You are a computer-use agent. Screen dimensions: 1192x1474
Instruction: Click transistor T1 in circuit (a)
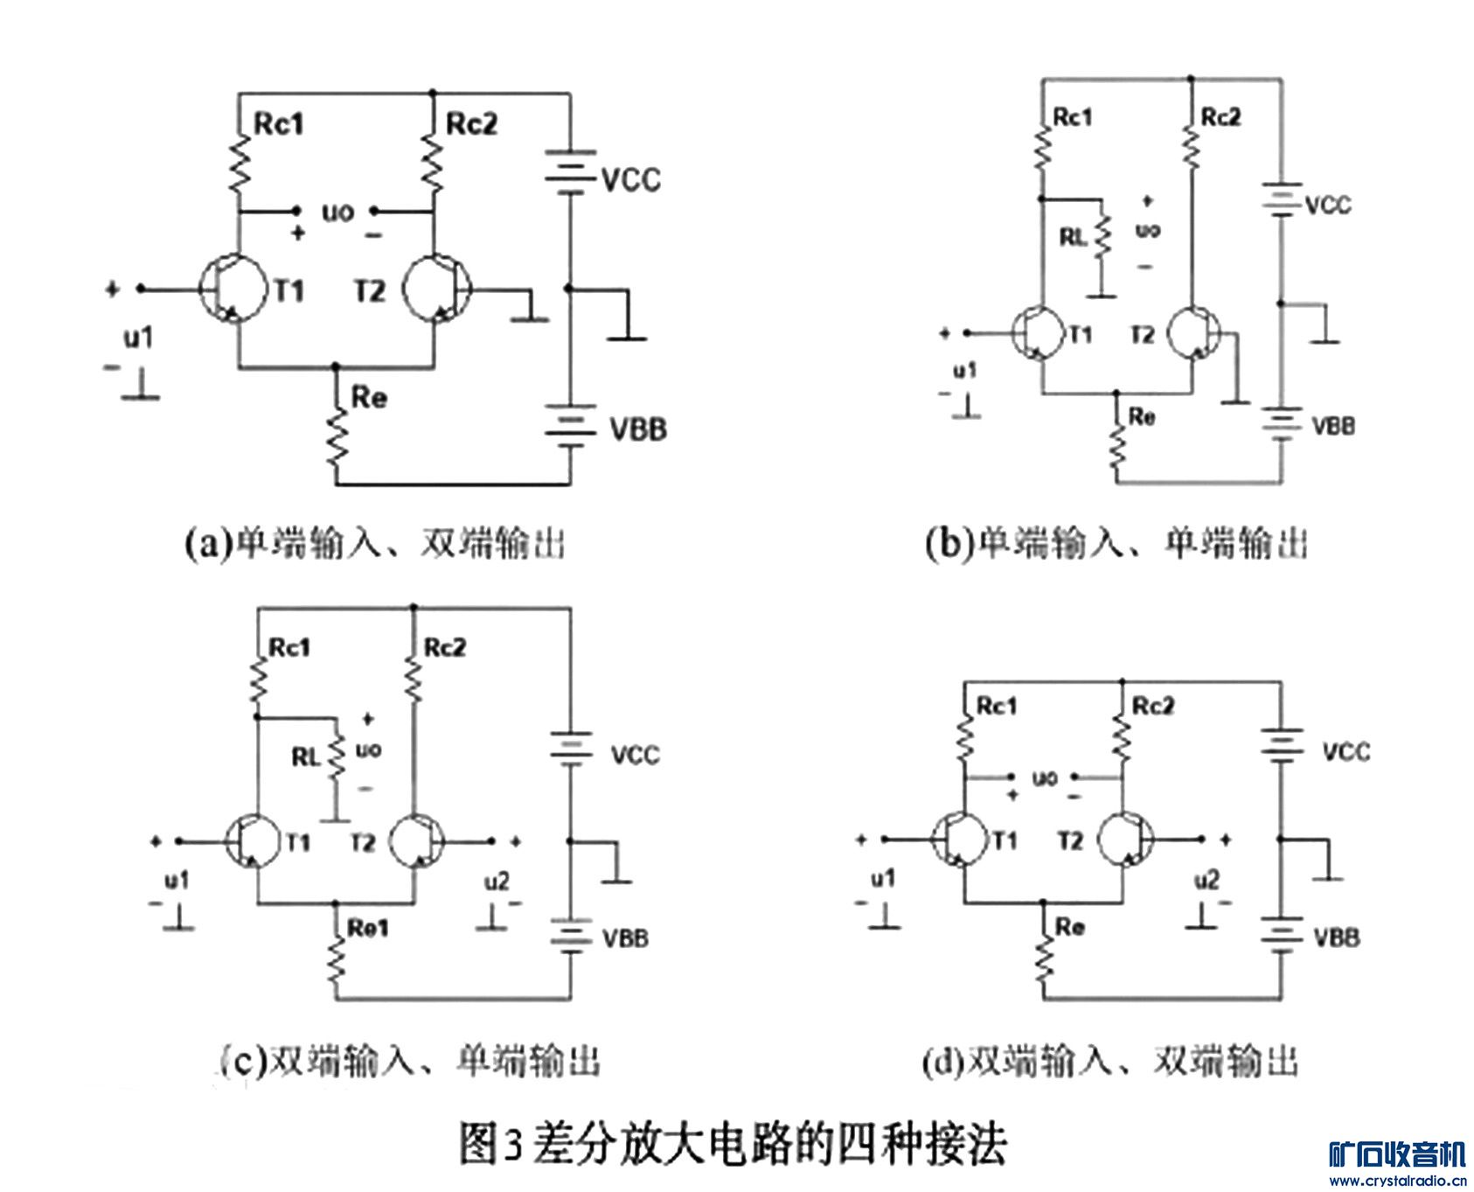click(x=232, y=289)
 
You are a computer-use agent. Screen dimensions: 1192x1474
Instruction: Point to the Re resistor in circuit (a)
click(x=337, y=437)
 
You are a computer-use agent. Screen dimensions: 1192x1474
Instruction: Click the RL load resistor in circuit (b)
click(x=1102, y=236)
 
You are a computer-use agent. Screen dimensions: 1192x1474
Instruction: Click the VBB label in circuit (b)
click(x=1333, y=427)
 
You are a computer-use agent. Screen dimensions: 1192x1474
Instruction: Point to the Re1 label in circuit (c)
click(x=367, y=928)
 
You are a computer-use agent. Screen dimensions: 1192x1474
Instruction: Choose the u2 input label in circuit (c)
click(x=497, y=882)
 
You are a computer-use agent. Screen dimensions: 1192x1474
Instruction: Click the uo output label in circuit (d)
click(x=1045, y=777)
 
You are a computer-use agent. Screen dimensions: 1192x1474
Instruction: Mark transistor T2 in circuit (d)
click(x=1125, y=840)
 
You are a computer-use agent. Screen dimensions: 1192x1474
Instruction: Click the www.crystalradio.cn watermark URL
click(x=1397, y=1182)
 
